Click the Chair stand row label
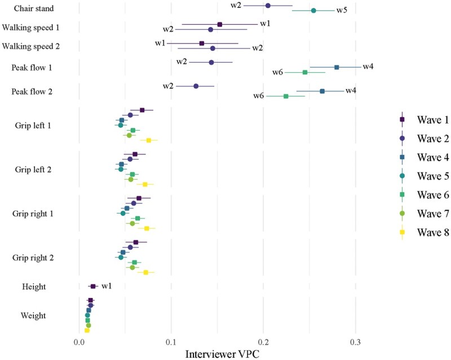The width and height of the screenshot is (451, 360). tap(34, 8)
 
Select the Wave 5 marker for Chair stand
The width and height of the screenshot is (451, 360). tap(313, 11)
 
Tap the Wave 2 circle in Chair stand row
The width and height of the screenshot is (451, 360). tap(268, 6)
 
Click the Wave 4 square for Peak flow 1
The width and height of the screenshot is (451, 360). tap(337, 67)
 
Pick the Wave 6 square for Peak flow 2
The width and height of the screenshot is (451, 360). tap(286, 96)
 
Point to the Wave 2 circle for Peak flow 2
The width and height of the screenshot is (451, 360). tap(196, 86)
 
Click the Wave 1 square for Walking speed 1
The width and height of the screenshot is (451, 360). tap(220, 24)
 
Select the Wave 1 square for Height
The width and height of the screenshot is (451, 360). tap(93, 286)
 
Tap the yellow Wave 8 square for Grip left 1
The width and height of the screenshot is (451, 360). tap(149, 140)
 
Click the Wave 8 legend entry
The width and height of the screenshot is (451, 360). tap(425, 232)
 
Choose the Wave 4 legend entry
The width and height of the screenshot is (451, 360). tap(425, 157)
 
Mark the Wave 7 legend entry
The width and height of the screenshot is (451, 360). tap(425, 214)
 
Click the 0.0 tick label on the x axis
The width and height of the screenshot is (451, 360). tap(79, 343)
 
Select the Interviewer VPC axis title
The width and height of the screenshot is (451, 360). tap(222, 354)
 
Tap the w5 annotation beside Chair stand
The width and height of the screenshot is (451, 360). tap(342, 10)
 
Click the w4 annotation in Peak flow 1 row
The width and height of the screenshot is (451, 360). tap(368, 66)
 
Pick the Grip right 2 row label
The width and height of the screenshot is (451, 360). tap(33, 257)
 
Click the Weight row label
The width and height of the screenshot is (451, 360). tap(33, 315)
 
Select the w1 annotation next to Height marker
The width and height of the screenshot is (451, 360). tap(107, 286)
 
